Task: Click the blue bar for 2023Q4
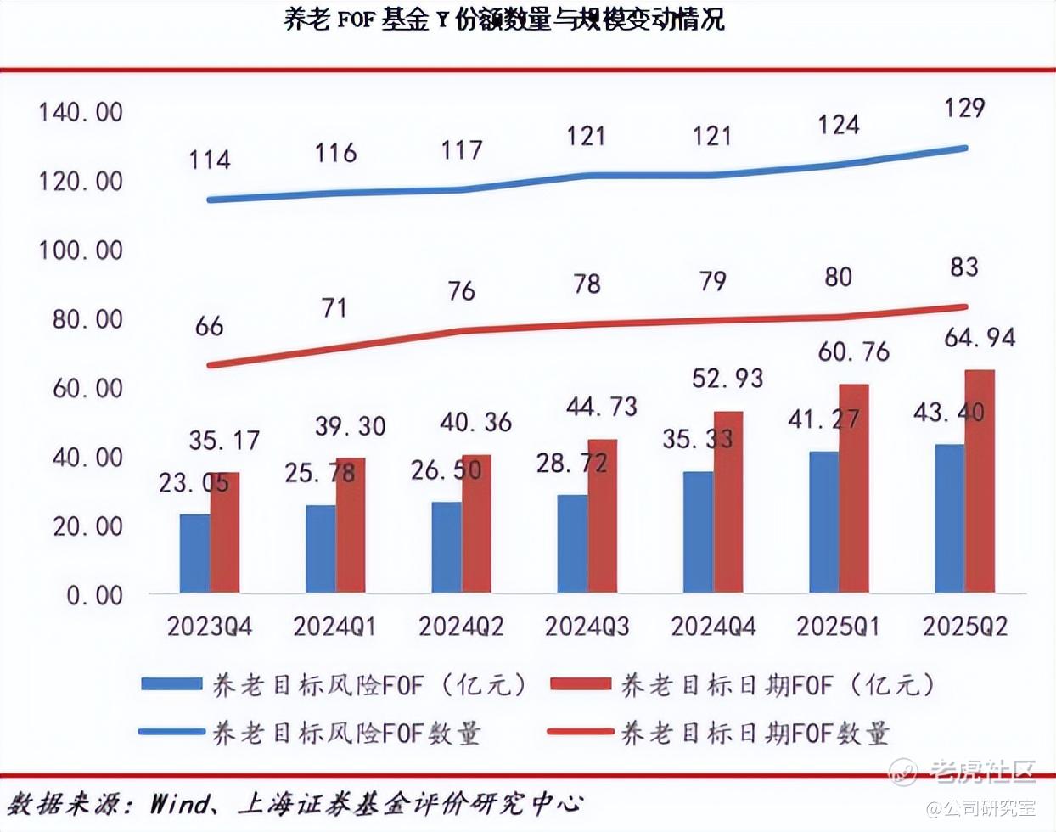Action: click(194, 553)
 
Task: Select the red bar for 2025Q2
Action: click(981, 481)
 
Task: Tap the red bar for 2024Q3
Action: click(603, 516)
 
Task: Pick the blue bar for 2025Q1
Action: click(823, 522)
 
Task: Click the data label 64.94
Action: click(979, 338)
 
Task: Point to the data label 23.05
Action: click(194, 483)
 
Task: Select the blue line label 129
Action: click(964, 108)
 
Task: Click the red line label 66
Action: click(209, 326)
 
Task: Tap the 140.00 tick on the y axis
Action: click(81, 112)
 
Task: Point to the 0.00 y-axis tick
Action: click(94, 595)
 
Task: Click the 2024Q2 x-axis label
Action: click(461, 627)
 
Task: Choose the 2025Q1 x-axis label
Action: click(839, 627)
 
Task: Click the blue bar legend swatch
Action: click(171, 684)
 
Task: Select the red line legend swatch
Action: click(581, 732)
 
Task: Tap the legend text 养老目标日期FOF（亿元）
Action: click(777, 684)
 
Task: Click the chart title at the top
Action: click(504, 20)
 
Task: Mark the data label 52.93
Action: click(727, 378)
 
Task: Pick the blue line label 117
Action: click(462, 150)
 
